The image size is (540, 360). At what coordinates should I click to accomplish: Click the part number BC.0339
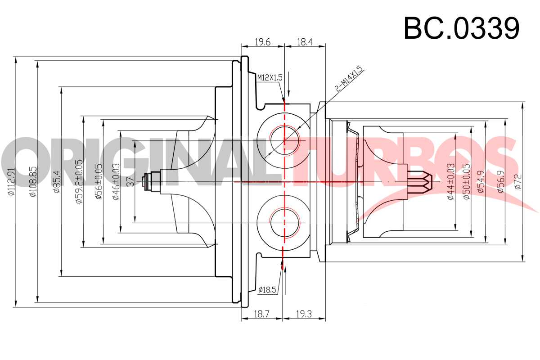[x=461, y=28]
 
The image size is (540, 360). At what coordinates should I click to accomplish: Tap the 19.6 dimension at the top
[x=263, y=42]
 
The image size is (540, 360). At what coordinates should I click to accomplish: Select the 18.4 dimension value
[x=305, y=42]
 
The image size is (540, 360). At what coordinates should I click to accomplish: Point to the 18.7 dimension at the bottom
[x=261, y=314]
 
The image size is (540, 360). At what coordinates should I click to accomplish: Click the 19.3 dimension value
[x=304, y=314]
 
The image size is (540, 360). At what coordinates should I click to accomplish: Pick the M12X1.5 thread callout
[x=270, y=78]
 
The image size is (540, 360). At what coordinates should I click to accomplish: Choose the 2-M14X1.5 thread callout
[x=349, y=79]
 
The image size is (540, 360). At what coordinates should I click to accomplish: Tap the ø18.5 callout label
[x=267, y=290]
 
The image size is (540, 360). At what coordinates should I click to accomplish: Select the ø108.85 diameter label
[x=33, y=181]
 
